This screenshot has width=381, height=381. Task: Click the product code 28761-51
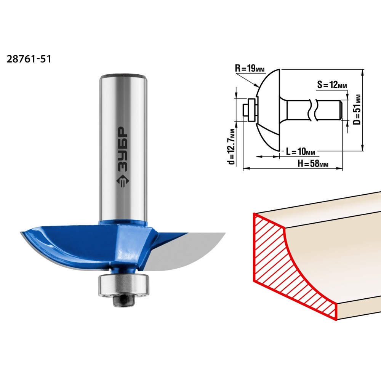coord(29,59)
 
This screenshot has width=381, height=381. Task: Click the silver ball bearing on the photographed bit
coord(123,285)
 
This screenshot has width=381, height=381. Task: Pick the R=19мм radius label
coord(250,69)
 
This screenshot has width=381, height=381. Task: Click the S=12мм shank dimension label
coord(332,85)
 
